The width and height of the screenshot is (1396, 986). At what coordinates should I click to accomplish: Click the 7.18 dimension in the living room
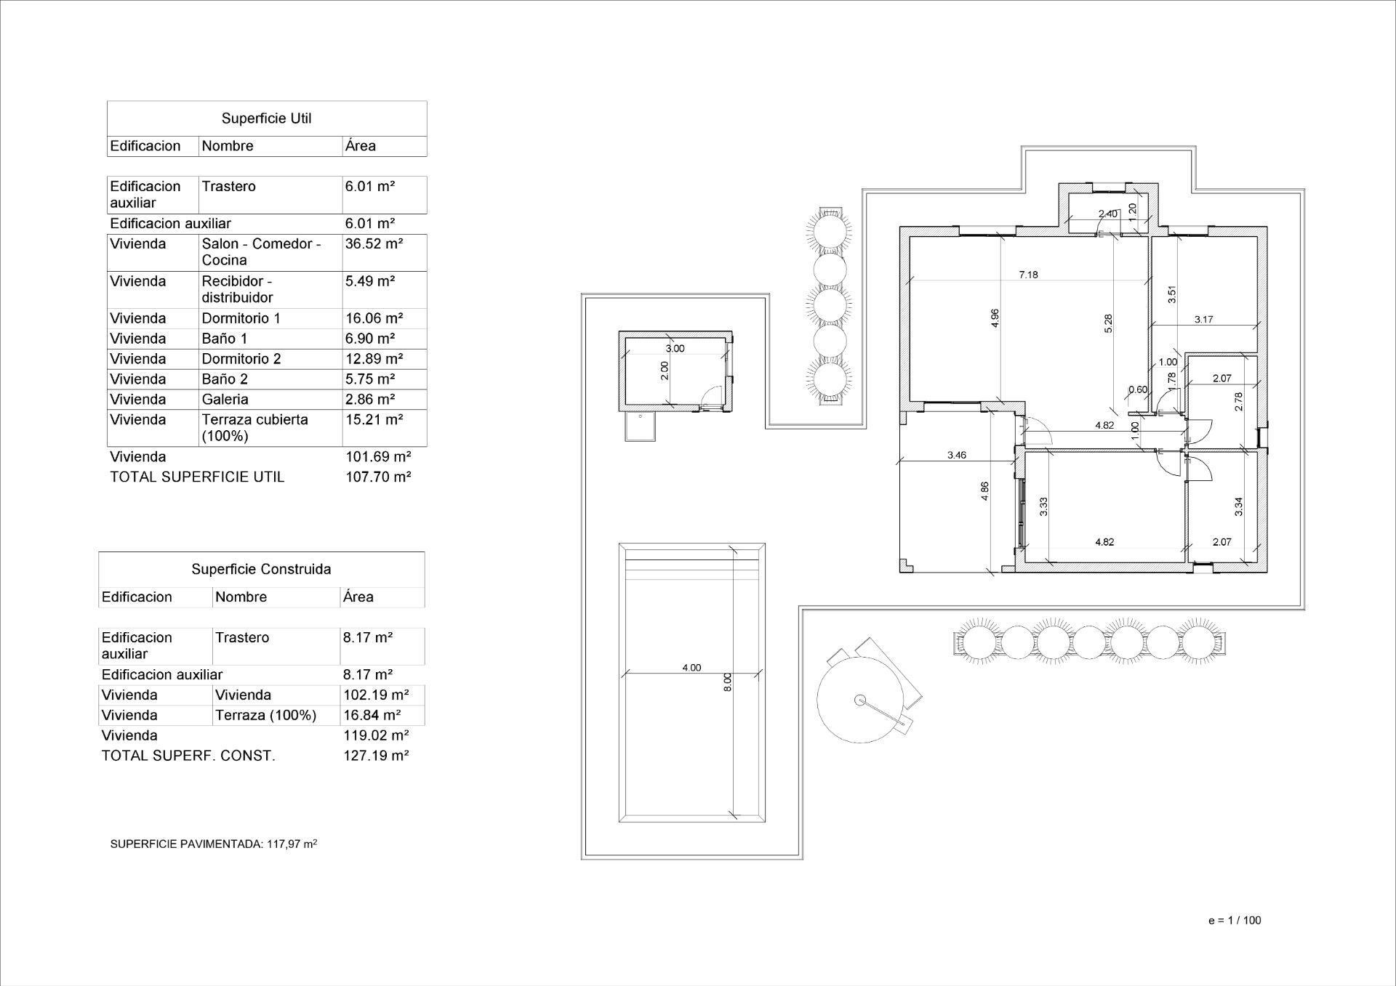pos(1028,275)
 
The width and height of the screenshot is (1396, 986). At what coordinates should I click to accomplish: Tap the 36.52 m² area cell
pos(374,244)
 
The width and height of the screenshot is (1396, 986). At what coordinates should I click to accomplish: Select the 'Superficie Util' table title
pos(266,118)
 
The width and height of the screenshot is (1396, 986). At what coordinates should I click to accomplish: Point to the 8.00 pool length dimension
pos(728,682)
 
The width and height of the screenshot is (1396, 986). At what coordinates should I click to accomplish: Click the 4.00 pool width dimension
pos(691,668)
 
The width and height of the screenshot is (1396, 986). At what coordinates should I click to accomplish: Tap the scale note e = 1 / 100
pos(1235,920)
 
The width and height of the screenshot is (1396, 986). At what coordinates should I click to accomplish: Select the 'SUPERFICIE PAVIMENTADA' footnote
pos(213,844)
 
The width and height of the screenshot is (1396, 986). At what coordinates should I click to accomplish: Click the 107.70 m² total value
pos(378,477)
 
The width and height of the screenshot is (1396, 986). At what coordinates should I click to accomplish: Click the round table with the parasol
pos(860,699)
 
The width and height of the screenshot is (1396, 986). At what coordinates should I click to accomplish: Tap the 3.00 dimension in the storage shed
pos(675,349)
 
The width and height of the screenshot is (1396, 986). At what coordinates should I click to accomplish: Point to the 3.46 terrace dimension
pos(957,456)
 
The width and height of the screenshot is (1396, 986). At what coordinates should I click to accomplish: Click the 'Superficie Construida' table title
pos(261,570)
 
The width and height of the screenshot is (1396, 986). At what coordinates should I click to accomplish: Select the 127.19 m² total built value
pos(376,756)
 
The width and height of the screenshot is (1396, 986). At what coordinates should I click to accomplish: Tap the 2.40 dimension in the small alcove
pos(1108,214)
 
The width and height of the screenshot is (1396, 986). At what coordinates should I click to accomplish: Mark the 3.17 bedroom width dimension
pos(1203,320)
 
